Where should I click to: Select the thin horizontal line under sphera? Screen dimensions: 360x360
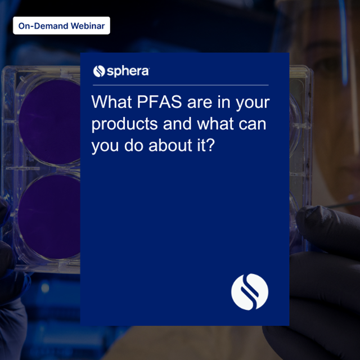pyautogui.click(x=180, y=84)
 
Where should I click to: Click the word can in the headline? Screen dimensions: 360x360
pyautogui.click(x=251, y=124)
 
